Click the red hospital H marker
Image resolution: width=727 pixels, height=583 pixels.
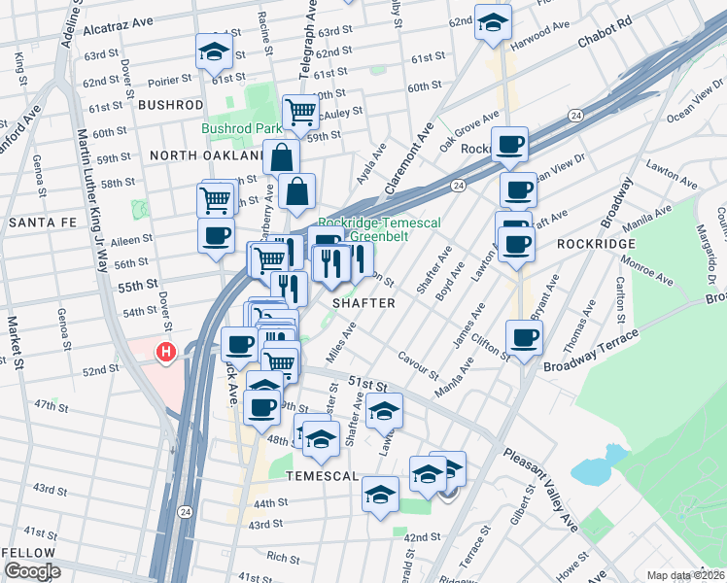(x=166, y=352)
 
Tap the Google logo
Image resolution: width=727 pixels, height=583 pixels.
(x=31, y=571)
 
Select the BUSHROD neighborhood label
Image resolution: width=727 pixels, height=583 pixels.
(x=170, y=104)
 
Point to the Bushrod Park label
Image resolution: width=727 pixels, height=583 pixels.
(x=241, y=128)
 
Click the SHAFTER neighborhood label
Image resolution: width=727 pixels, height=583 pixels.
(x=363, y=303)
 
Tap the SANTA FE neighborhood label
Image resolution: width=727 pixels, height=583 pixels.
(x=36, y=223)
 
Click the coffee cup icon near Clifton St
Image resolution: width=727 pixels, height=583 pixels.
(x=524, y=338)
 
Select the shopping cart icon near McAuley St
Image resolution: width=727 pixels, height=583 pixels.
(x=300, y=113)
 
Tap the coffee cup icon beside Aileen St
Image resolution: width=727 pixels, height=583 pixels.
(x=216, y=235)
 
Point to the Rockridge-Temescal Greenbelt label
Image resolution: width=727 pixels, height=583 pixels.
(x=379, y=229)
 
